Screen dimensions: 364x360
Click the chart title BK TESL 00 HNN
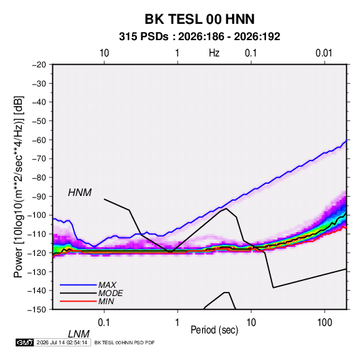tap(199, 19)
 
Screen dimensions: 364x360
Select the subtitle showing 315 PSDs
tap(199, 37)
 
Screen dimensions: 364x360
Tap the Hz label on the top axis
tap(214, 53)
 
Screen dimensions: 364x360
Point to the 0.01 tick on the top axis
tap(324, 53)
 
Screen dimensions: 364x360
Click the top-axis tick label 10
tap(104, 53)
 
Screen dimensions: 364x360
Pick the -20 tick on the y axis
tap(39, 65)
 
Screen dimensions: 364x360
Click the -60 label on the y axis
tap(39, 140)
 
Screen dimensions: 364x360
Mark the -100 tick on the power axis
tap(37, 215)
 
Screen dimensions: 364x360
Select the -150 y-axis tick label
tap(37, 310)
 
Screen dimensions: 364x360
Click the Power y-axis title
tap(18, 186)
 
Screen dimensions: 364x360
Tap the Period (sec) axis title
tap(214, 330)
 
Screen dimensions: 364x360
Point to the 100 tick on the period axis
tap(325, 322)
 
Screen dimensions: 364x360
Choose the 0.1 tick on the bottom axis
tap(104, 322)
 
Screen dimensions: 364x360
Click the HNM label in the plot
tap(80, 193)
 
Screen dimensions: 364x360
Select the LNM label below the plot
tap(79, 334)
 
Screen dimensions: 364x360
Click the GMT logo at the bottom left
tap(25, 342)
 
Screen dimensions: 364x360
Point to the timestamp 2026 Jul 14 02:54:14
tap(62, 342)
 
